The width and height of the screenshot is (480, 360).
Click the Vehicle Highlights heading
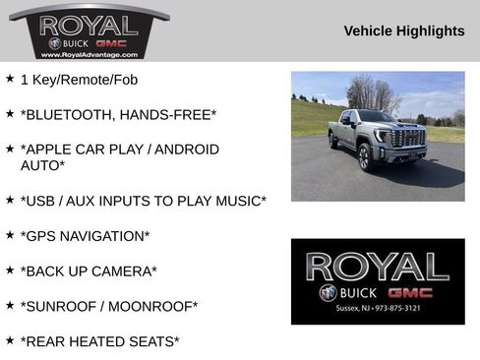(x=404, y=31)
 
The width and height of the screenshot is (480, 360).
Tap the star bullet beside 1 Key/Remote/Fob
(x=10, y=78)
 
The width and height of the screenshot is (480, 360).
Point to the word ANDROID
(x=180, y=150)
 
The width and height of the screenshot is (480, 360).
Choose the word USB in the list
(x=41, y=201)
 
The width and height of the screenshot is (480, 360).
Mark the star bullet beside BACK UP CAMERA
(x=10, y=269)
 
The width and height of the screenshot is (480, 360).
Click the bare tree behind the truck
(x=374, y=92)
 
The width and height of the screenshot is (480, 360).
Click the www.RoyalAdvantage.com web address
(x=89, y=55)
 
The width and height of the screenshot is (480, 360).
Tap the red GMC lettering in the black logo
(x=410, y=292)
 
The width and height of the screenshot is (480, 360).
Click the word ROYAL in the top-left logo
(x=89, y=24)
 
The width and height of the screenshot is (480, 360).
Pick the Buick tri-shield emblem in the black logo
(x=328, y=293)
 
